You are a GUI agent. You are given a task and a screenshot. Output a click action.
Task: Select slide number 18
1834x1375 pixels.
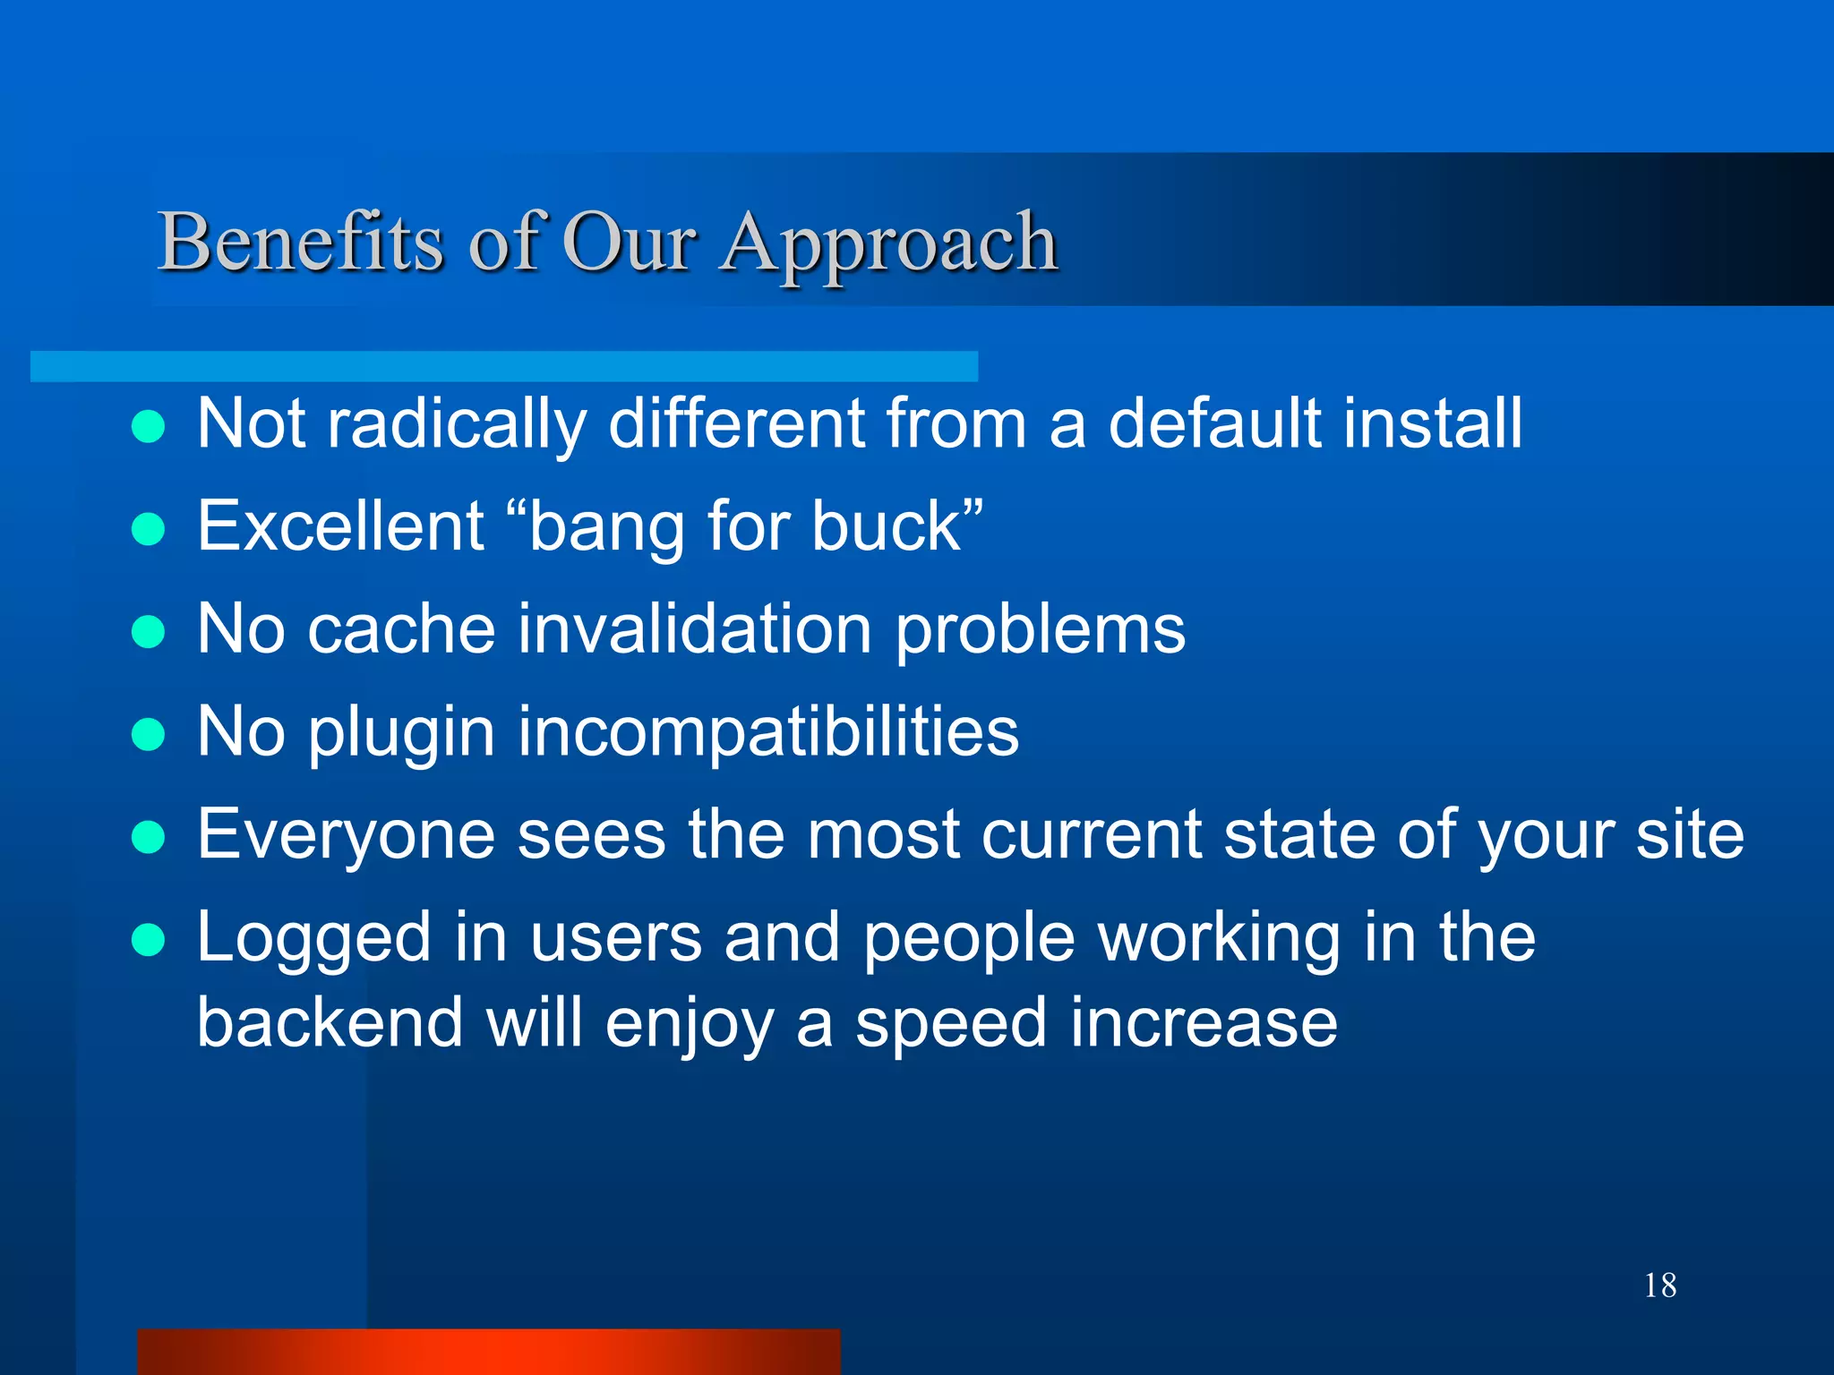coord(1659,1285)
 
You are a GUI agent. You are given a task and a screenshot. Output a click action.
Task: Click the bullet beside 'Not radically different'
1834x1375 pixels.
coord(148,427)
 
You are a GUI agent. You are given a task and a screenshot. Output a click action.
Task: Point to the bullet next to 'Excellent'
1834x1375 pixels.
coord(148,529)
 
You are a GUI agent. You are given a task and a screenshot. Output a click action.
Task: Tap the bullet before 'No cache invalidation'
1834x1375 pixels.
coord(148,632)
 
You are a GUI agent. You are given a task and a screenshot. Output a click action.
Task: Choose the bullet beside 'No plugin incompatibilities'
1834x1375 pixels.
coord(148,735)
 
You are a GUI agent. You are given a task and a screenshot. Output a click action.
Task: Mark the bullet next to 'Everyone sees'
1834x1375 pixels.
coord(148,838)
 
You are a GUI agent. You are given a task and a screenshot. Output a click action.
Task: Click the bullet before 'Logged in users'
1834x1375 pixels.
coord(148,941)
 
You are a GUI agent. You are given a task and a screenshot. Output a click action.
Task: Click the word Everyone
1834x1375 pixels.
coord(346,835)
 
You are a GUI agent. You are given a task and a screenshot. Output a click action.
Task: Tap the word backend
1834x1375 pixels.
coord(330,1022)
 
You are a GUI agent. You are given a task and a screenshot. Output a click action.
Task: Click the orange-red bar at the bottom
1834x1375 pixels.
coord(488,1352)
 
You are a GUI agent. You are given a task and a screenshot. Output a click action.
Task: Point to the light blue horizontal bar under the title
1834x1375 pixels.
coord(503,366)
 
